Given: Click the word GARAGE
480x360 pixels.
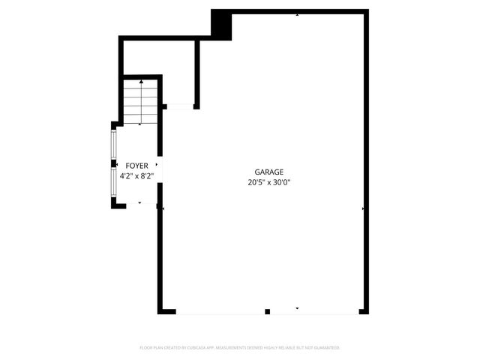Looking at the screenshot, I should tap(268, 172).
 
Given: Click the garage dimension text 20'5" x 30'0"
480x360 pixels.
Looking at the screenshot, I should tap(268, 182).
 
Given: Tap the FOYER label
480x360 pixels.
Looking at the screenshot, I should tap(136, 166).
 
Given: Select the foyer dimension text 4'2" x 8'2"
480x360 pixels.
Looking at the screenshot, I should tap(136, 176).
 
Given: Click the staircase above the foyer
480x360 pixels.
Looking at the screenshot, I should tap(140, 102).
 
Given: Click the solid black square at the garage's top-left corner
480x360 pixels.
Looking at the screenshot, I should tap(221, 24).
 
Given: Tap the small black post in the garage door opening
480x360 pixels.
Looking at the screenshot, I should tap(268, 310).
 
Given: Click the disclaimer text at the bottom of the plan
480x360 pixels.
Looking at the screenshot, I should tap(240, 348).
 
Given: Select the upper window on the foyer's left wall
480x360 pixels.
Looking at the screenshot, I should tap(114, 145).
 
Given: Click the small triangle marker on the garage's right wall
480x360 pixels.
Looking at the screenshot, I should tap(363, 208).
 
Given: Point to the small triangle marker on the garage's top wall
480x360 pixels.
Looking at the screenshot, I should tap(298, 14).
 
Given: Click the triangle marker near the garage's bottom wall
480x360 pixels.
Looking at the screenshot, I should tap(298, 307).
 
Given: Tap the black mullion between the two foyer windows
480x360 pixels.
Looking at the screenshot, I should tap(114, 163).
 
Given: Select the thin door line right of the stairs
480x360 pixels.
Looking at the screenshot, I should tap(180, 107).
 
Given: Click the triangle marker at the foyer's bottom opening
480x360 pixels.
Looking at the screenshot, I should tap(139, 202).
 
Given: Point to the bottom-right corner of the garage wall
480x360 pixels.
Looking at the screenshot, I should tap(364, 310).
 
